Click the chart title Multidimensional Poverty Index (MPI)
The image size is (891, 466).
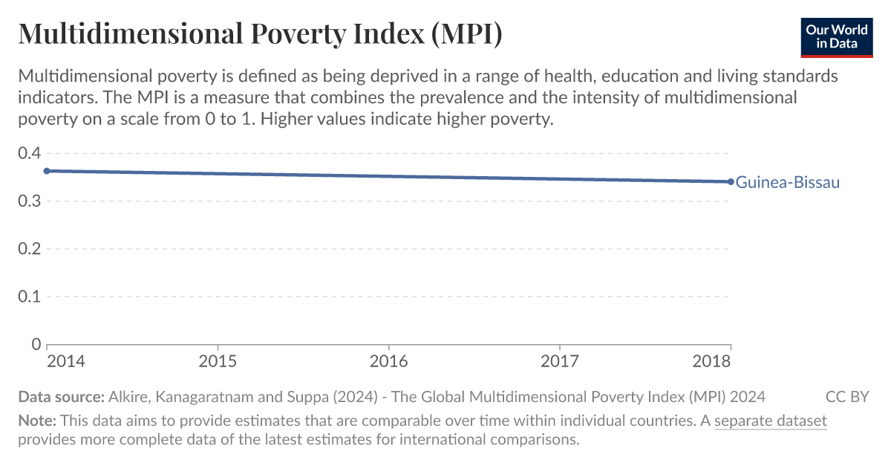tap(260, 35)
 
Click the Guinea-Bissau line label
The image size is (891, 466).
tap(787, 182)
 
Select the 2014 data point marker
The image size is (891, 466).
tap(47, 171)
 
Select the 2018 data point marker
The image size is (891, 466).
tap(731, 181)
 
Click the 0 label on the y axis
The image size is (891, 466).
tap(34, 344)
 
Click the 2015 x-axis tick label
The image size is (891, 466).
tap(218, 361)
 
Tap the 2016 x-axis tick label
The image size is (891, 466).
tap(388, 361)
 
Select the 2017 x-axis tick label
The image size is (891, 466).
tap(559, 361)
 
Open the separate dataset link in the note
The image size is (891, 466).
tap(770, 421)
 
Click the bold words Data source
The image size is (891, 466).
tap(61, 396)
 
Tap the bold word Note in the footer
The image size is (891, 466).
tap(35, 421)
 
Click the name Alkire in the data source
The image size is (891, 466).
tap(128, 396)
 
